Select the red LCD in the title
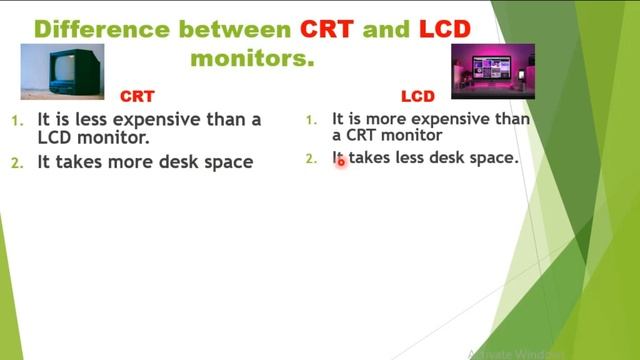(444, 28)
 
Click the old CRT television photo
(63, 71)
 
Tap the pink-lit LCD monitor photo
(493, 71)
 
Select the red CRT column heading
(137, 97)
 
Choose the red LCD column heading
(418, 97)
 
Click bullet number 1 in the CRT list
(16, 121)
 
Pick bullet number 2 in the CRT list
(16, 162)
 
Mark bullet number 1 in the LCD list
(310, 120)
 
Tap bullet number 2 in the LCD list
(310, 158)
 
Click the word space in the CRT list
(228, 162)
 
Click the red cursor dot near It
(340, 160)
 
